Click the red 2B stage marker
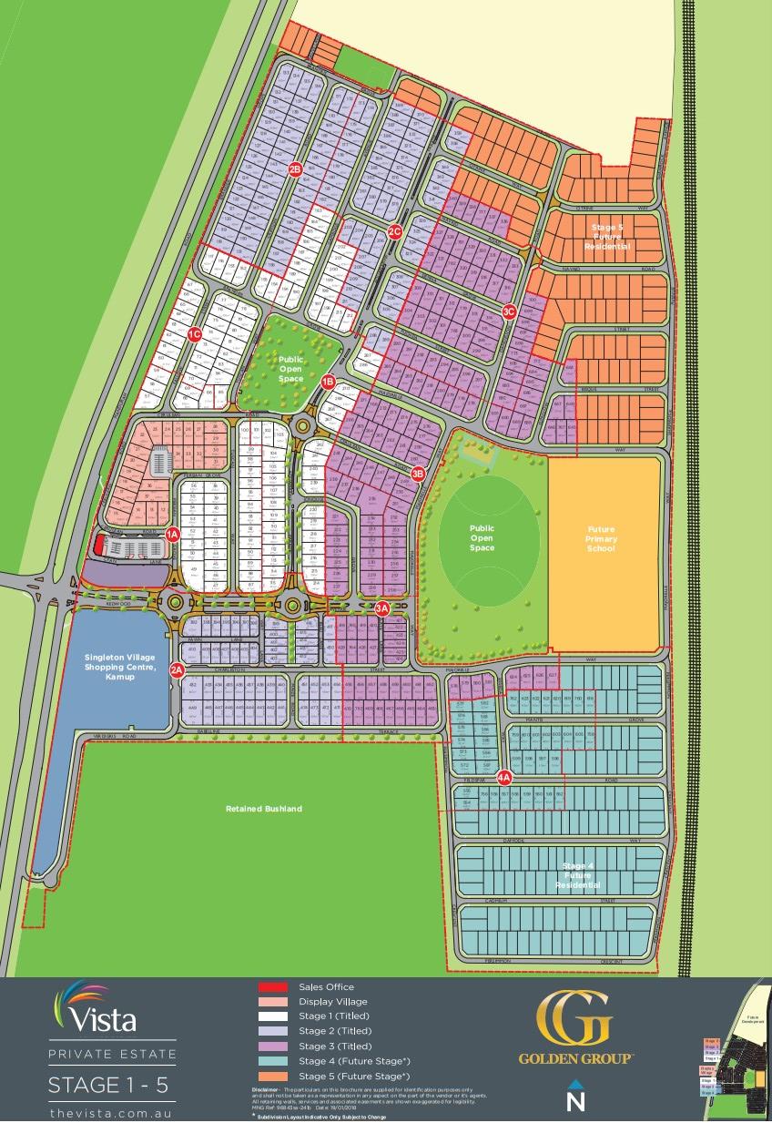(294, 169)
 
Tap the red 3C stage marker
(509, 311)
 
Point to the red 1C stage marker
(194, 334)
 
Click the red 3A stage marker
(382, 607)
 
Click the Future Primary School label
(602, 539)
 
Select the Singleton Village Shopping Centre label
(120, 667)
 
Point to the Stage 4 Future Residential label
(580, 875)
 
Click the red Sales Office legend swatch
(271, 987)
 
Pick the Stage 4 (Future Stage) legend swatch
(271, 1061)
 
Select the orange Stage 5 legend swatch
(271, 1076)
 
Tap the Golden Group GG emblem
(574, 1019)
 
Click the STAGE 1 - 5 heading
(107, 1084)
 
